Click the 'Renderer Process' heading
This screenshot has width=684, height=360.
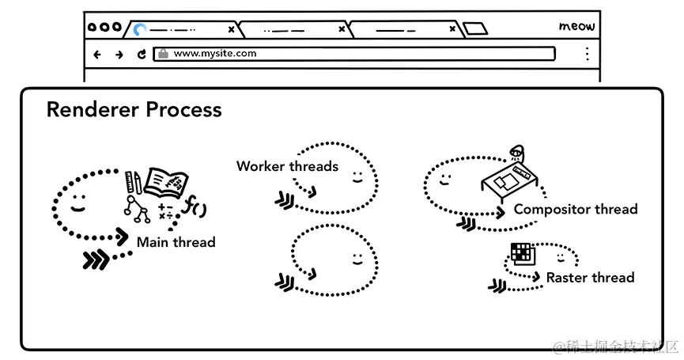[134, 109]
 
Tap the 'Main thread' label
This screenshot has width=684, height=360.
[176, 242]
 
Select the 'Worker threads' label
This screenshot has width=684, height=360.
[287, 166]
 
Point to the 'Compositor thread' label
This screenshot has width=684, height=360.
[575, 210]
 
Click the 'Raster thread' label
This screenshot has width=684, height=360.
[590, 278]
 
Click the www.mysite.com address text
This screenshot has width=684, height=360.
[214, 54]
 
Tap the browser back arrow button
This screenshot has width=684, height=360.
[97, 55]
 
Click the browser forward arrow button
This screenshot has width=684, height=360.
[119, 55]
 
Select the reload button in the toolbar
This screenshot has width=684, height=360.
[142, 55]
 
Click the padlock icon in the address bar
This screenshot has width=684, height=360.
[163, 54]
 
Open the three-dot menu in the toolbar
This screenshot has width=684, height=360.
[587, 54]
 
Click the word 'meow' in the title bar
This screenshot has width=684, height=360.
[576, 26]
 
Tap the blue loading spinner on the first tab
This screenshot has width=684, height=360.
[140, 29]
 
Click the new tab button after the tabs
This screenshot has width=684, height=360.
[474, 29]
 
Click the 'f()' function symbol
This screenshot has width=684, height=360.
[195, 207]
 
